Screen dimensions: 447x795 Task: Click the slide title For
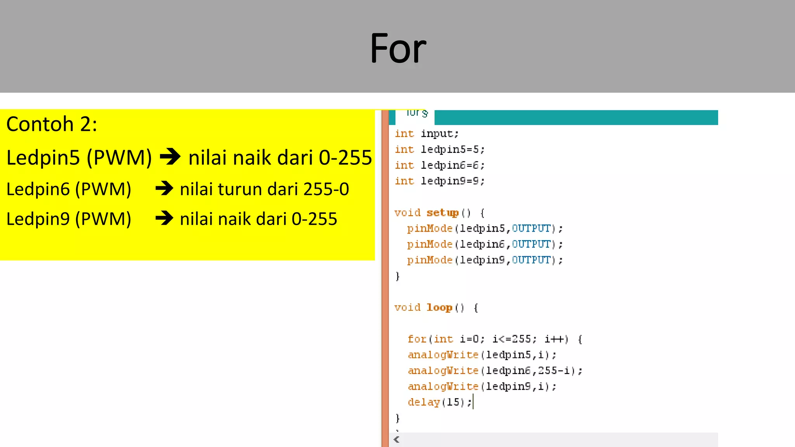(398, 49)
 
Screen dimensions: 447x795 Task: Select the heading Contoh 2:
(52, 124)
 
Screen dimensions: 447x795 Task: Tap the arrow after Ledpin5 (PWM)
(170, 157)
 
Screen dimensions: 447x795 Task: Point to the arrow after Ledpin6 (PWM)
(164, 189)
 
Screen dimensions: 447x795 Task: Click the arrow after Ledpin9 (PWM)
(164, 218)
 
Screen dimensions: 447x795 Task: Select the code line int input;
(427, 134)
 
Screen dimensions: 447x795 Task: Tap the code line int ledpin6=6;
(439, 165)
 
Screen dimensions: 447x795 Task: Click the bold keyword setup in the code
(443, 213)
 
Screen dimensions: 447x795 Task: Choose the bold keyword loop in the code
(439, 307)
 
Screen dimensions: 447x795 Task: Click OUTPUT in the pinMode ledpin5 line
(531, 229)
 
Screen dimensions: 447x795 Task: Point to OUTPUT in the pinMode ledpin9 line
(531, 260)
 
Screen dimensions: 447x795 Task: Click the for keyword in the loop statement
(417, 339)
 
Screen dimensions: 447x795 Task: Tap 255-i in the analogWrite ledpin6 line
(554, 371)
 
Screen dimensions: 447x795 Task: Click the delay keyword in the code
(424, 402)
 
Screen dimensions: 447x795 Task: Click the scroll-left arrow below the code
(396, 440)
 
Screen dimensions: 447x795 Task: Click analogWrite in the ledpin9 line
(443, 386)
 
